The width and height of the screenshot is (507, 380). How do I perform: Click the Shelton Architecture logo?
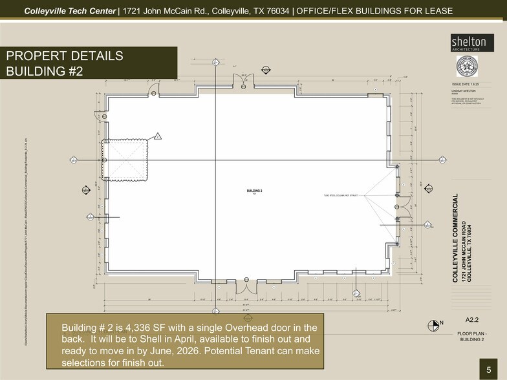tap(468, 43)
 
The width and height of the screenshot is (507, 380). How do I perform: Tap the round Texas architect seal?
tap(468, 67)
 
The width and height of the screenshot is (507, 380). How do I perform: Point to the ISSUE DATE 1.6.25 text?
tap(467, 85)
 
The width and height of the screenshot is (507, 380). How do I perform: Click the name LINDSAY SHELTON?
tap(464, 91)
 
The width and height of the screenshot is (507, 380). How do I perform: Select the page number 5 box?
tap(489, 369)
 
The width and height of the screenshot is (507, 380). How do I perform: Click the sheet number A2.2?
tap(471, 320)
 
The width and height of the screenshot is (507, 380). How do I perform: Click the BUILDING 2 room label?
tap(253, 191)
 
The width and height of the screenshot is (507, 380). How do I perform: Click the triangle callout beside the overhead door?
tap(156, 136)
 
